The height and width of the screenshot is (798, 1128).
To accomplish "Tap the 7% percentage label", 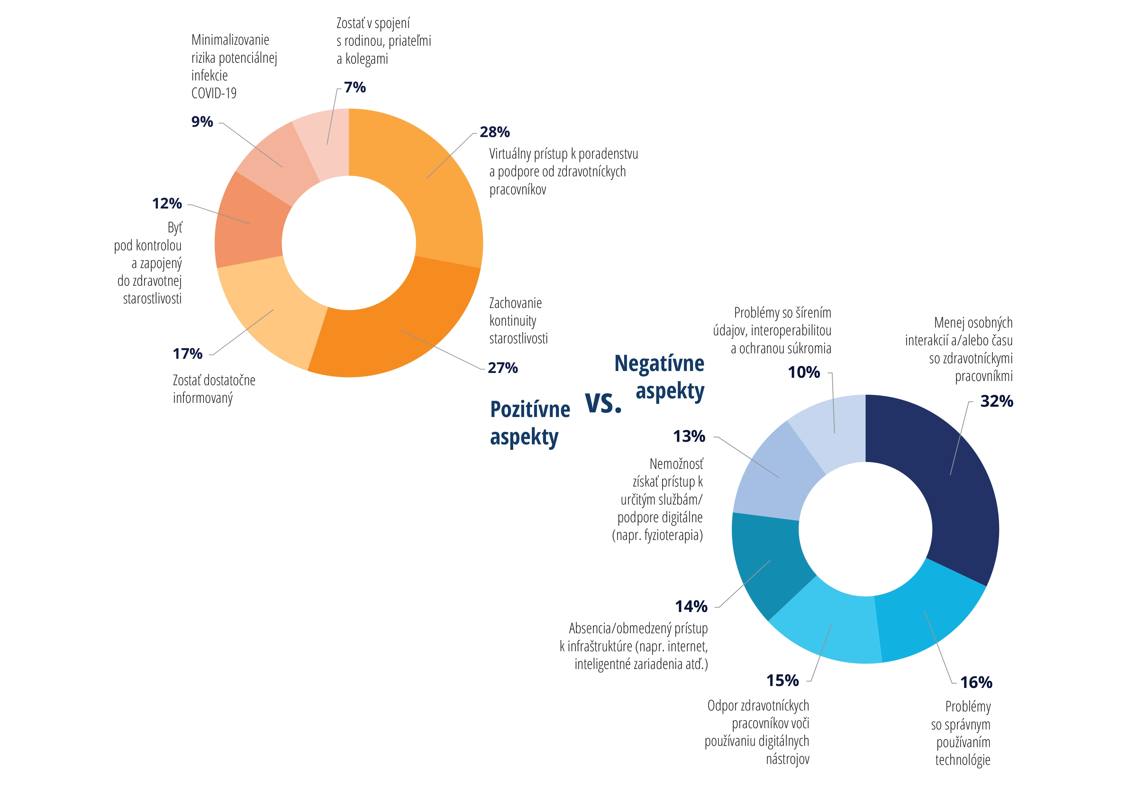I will point(355,88).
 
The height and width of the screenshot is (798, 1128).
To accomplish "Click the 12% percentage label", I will point(167,204).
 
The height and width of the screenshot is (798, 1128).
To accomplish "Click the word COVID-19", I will point(214,93).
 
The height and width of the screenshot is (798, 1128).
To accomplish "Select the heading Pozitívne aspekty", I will point(530,423).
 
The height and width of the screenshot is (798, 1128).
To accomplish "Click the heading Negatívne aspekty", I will point(659,377).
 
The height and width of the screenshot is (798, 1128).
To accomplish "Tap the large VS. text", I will point(603,403).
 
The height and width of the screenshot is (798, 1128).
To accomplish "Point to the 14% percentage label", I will point(691,607).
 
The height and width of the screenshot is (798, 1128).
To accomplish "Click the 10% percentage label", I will point(804,372).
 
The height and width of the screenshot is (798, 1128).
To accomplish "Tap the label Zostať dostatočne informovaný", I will point(214,389).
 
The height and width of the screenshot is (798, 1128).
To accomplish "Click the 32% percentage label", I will point(996,401).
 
